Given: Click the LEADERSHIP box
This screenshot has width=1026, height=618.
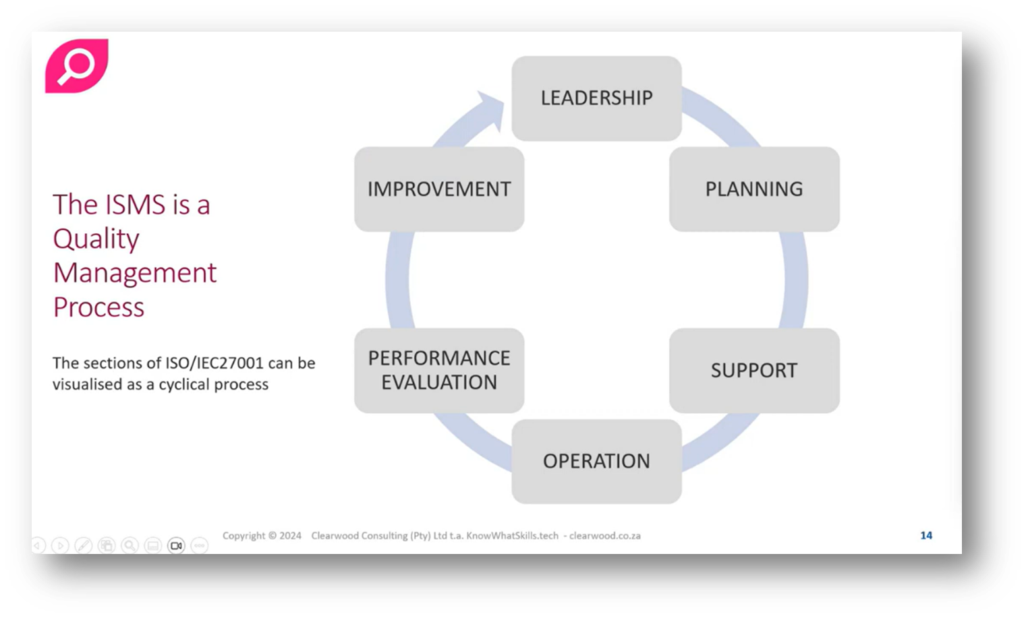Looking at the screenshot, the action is tap(596, 98).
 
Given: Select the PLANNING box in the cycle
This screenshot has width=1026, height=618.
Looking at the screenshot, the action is tap(753, 189).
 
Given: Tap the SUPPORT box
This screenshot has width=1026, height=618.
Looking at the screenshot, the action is tap(753, 371).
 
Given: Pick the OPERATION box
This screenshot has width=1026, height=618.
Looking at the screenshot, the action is tap(596, 462).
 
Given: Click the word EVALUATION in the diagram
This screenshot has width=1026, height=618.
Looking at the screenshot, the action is tap(439, 383).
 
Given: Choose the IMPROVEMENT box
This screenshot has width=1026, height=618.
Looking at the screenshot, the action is tap(439, 189).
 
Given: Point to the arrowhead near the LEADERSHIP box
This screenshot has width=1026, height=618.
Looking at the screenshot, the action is tap(490, 108).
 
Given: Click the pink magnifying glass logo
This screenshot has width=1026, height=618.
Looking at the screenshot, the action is tap(76, 66).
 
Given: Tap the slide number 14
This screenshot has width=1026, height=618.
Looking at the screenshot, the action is tap(926, 535).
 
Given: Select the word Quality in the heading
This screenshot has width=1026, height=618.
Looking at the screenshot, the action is tap(96, 239).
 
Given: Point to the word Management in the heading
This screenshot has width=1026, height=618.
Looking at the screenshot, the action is tap(135, 273).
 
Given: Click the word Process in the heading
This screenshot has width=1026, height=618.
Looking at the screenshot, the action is tap(98, 307).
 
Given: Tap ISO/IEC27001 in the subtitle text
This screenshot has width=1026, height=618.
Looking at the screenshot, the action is tap(214, 363).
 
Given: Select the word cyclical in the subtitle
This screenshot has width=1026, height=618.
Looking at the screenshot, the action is tap(185, 385).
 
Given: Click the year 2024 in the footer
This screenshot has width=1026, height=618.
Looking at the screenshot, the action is tap(290, 536).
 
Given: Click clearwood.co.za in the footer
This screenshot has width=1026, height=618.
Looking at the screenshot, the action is tap(605, 536).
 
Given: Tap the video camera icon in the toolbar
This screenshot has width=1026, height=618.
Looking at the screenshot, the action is tap(176, 545).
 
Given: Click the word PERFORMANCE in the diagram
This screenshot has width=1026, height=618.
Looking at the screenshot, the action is tap(439, 359).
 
